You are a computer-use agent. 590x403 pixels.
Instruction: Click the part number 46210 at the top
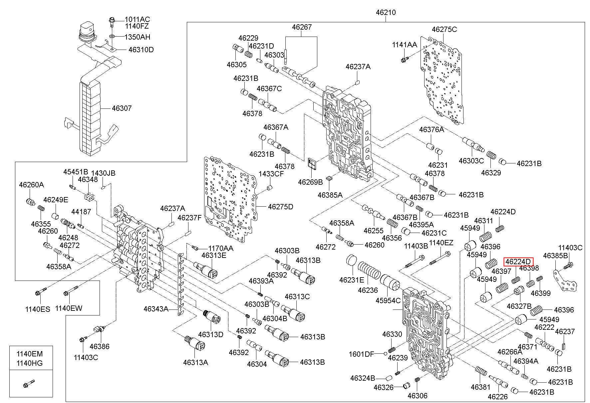(386, 12)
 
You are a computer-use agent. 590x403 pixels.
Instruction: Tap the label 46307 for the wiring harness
(122, 108)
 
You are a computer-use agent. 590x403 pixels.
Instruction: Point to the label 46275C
(444, 29)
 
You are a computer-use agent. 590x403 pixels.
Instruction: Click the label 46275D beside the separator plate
(281, 207)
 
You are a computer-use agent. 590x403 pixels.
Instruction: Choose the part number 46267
(302, 27)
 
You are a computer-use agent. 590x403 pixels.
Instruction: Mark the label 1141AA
(404, 45)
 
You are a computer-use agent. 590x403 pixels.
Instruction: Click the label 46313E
(214, 255)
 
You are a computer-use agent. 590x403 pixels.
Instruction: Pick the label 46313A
(195, 362)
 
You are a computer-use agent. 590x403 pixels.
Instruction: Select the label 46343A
(156, 309)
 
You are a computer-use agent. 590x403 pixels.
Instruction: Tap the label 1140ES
(38, 309)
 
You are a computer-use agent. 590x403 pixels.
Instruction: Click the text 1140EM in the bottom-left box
(30, 354)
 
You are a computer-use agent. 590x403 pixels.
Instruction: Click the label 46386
(100, 346)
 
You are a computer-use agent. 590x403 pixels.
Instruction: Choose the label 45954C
(388, 301)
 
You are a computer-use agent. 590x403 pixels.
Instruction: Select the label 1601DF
(362, 354)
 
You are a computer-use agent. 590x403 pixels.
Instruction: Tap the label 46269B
(310, 182)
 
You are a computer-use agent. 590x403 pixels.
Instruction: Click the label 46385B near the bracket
(555, 256)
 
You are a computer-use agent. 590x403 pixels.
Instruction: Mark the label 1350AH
(137, 37)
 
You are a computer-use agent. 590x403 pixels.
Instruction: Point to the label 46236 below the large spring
(368, 290)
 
